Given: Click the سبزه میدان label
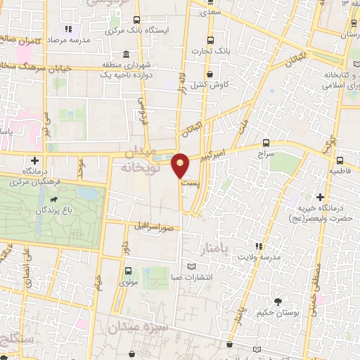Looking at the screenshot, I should (139, 328).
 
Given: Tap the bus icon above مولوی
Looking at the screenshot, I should (127, 270).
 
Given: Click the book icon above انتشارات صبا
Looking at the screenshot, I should (193, 266).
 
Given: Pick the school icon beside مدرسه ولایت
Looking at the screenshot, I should (258, 246).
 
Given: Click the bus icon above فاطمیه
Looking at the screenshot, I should (340, 160).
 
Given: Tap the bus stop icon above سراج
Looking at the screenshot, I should (265, 141).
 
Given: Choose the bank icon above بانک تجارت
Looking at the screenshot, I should (210, 41).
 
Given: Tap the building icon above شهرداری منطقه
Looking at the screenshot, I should (126, 55).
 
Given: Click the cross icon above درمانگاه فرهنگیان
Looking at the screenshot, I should (35, 160).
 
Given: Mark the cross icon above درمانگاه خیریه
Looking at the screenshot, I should (321, 197).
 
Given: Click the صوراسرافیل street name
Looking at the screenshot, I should (152, 226).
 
